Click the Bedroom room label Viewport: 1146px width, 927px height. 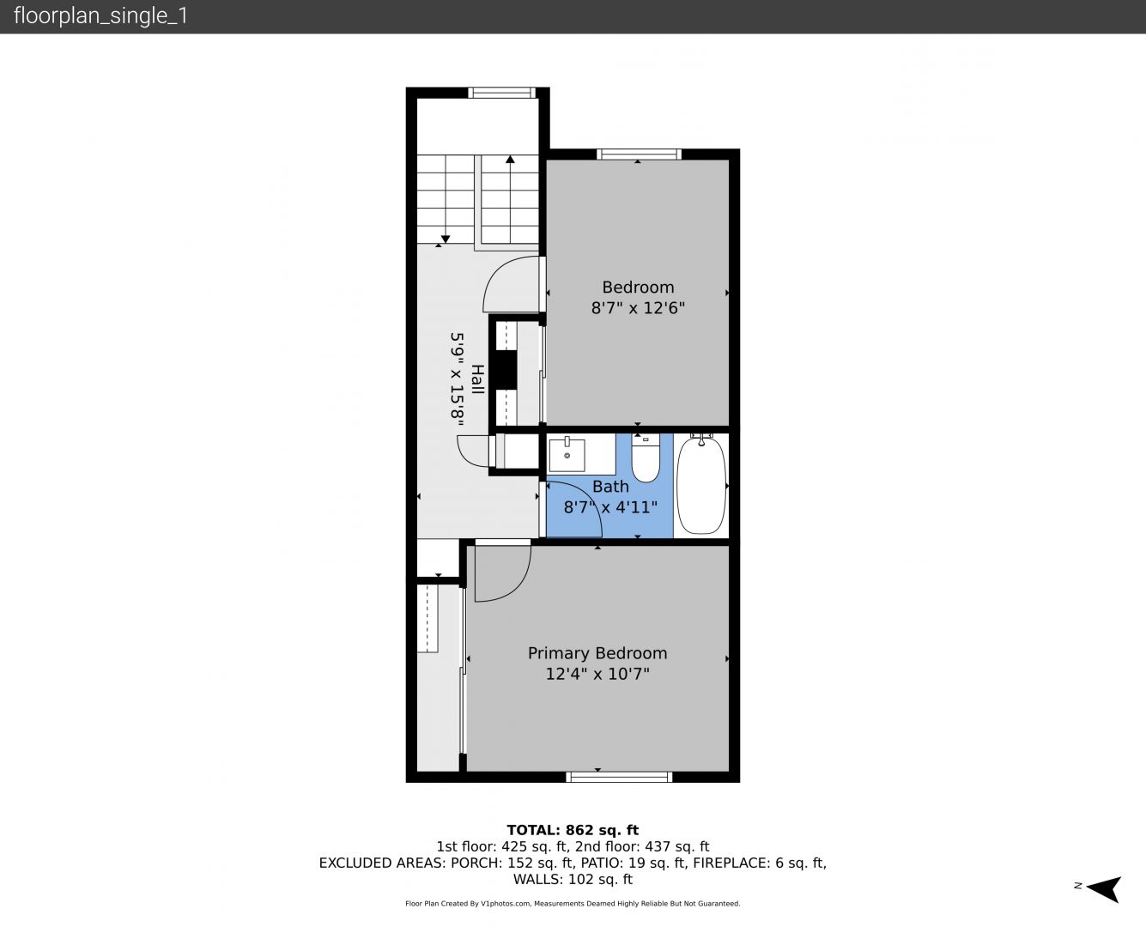[x=638, y=288]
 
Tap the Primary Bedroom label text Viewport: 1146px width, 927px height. [x=597, y=653]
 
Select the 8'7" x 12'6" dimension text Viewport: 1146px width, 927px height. [x=638, y=308]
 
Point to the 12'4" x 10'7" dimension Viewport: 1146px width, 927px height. [x=597, y=674]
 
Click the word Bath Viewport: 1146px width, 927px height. [x=610, y=487]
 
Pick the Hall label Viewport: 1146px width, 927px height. [x=477, y=379]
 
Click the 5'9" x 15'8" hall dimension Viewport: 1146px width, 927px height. [x=457, y=380]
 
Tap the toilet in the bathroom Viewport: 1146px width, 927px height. [x=646, y=457]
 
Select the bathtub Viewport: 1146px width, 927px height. [x=701, y=486]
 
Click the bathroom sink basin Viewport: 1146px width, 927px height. [x=567, y=455]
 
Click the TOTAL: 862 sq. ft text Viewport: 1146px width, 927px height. [x=573, y=830]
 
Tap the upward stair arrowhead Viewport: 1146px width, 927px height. [x=510, y=160]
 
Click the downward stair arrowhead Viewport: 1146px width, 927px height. [x=446, y=239]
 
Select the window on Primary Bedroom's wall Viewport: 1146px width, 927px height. [x=619, y=777]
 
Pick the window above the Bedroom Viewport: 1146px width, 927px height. [x=640, y=154]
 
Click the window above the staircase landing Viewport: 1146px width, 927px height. [x=502, y=93]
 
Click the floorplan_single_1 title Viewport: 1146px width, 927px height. [x=100, y=16]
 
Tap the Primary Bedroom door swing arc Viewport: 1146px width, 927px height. [x=515, y=587]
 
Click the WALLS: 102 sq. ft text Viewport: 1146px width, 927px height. [x=573, y=880]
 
